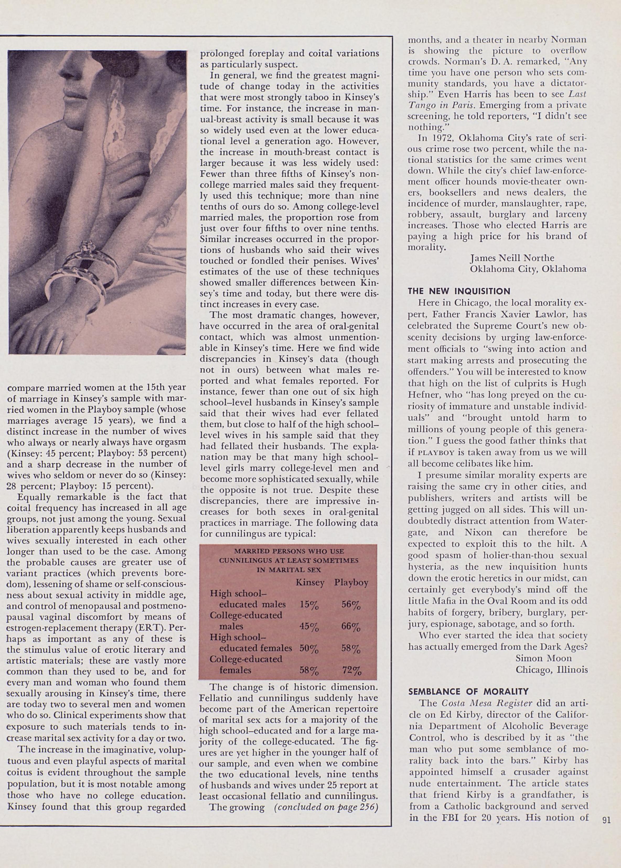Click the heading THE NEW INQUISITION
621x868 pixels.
point(459,291)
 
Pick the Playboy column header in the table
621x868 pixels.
point(351,582)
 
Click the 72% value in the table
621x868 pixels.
point(351,671)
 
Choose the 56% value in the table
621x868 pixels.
point(351,605)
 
